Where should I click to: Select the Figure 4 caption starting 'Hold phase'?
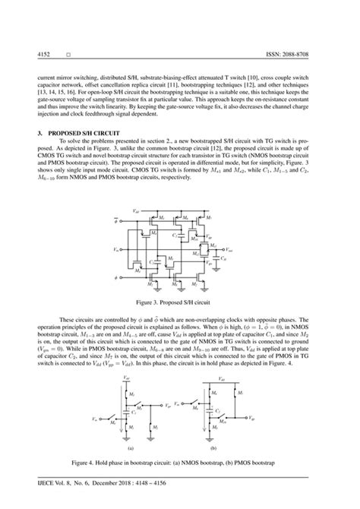(x=179, y=462)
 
